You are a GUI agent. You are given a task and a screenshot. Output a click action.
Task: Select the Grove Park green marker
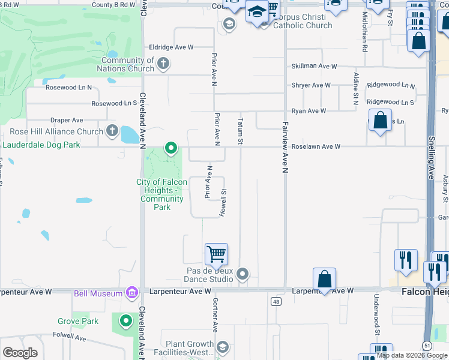click(125, 322)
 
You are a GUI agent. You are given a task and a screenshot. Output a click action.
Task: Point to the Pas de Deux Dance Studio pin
click(243, 274)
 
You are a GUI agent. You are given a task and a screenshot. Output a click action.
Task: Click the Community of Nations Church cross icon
click(163, 63)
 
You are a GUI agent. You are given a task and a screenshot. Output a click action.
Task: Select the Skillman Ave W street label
click(314, 67)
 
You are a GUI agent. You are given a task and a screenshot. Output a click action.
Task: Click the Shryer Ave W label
click(311, 85)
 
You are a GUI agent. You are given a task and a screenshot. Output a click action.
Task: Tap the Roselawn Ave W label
click(316, 146)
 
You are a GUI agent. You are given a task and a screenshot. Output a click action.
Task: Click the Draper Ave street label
click(67, 121)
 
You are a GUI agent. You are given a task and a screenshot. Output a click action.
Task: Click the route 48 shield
click(276, 301)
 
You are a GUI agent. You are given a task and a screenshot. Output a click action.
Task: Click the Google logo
click(20, 353)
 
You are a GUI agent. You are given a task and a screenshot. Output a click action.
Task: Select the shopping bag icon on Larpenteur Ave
click(324, 279)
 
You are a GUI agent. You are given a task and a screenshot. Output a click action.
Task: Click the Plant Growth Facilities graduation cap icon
click(223, 347)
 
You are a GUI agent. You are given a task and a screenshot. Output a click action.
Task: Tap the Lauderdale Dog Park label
click(42, 145)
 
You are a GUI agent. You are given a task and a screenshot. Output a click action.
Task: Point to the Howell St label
click(222, 203)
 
